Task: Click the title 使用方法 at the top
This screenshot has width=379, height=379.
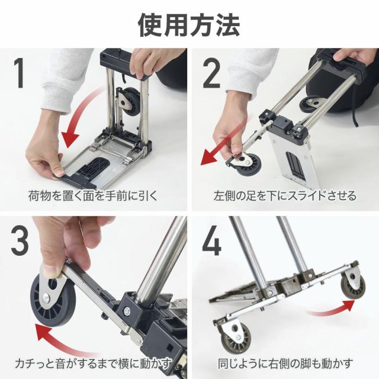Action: point(189,25)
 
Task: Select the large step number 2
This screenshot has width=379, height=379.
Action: point(211,73)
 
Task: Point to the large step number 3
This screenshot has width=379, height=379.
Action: point(20,240)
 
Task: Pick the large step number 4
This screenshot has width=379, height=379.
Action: point(211,240)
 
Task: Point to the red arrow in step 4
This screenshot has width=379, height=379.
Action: point(332,309)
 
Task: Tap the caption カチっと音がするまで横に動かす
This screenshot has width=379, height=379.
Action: point(93,363)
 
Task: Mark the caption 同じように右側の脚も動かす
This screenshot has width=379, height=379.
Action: point(285,363)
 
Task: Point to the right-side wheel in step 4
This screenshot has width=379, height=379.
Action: point(354,288)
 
